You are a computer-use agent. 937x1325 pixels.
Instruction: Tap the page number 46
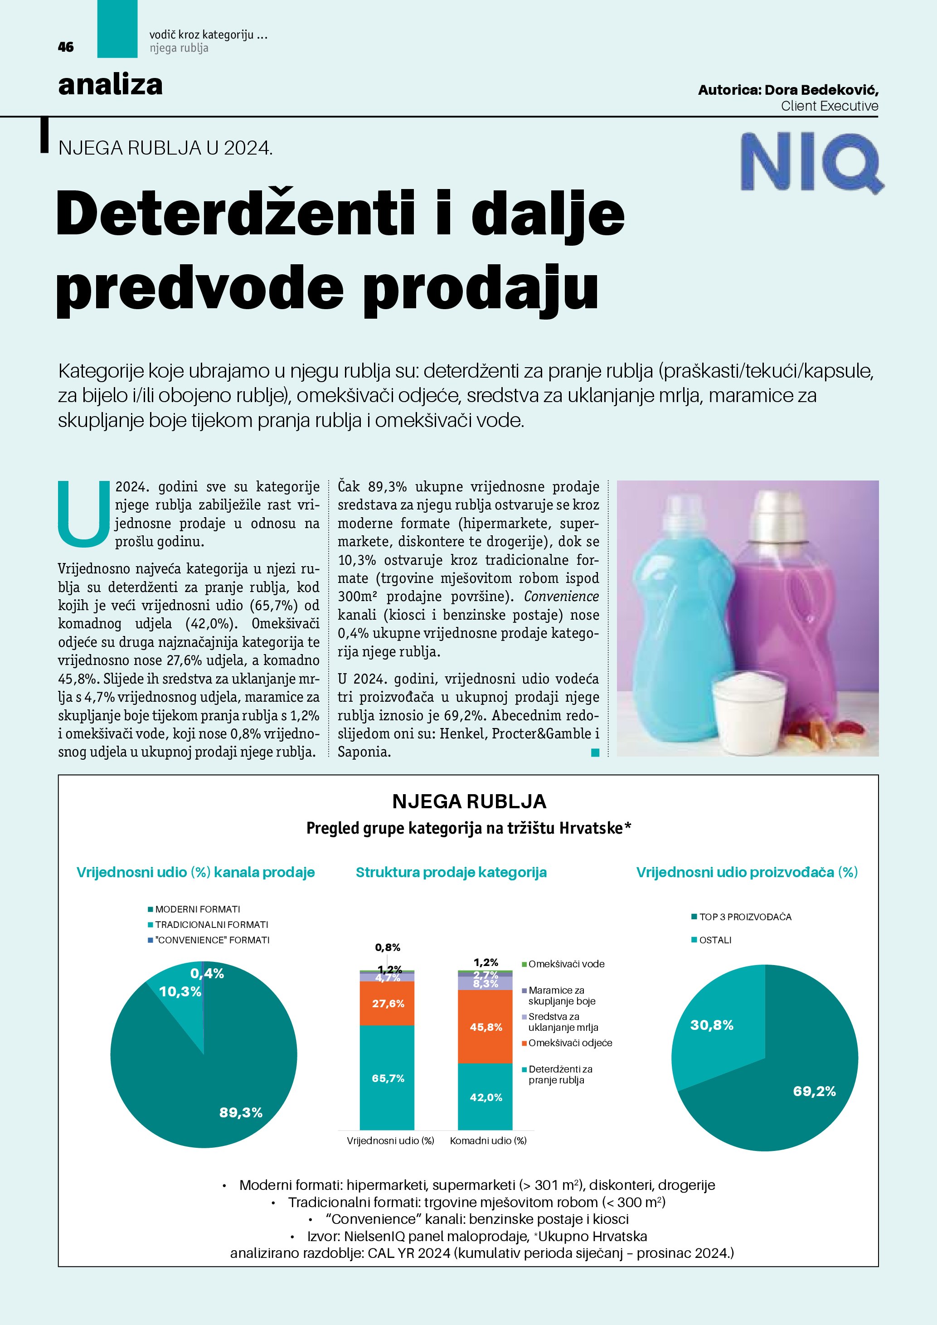pos(66,47)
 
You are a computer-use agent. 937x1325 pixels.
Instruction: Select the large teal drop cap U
pos(84,514)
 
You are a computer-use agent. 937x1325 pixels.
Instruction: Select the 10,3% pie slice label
pos(180,991)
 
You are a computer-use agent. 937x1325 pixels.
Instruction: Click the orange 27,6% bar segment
pos(387,1004)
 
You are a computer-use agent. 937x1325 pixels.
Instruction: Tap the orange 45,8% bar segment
pos(485,1027)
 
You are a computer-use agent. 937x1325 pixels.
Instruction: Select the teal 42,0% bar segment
pos(485,1097)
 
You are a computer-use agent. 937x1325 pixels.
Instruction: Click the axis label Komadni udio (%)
pos(488,1141)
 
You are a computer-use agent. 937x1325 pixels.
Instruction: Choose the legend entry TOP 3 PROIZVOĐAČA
pos(745,917)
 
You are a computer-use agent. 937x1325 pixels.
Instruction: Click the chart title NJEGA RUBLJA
pos(469,801)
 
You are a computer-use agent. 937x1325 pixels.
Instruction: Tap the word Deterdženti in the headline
pos(235,214)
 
